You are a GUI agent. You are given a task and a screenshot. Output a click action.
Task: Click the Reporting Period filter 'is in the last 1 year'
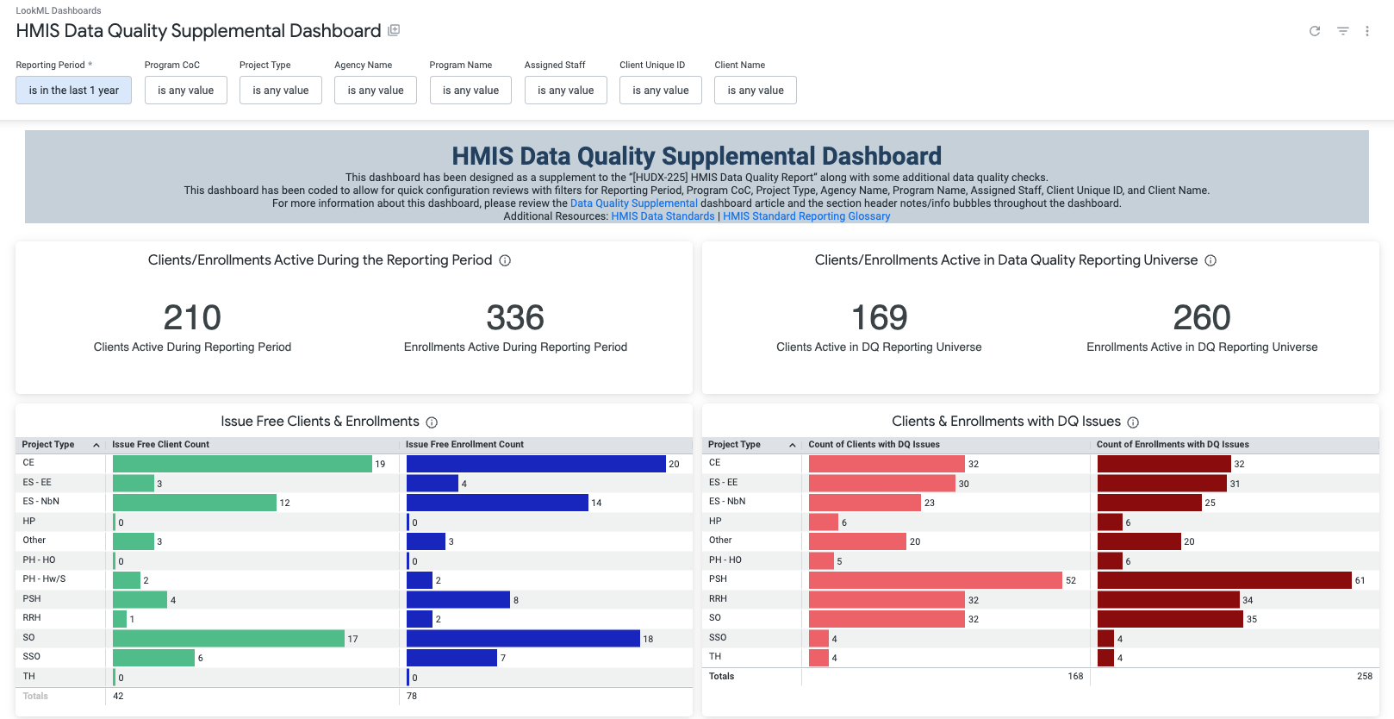click(x=73, y=91)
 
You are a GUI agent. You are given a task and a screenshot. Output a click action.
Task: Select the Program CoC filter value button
click(x=185, y=91)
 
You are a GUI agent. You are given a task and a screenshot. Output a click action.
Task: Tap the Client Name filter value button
click(x=755, y=91)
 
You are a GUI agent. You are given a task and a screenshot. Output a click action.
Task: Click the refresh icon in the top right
click(x=1315, y=31)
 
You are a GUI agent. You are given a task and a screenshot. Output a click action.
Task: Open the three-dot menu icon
click(x=1367, y=31)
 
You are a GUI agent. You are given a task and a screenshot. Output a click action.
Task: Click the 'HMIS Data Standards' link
click(x=663, y=216)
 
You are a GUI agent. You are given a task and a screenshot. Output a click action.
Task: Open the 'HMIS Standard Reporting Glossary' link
click(x=806, y=216)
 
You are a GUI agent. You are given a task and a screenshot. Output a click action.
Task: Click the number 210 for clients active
click(x=192, y=318)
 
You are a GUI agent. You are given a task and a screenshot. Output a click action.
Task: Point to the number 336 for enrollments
click(x=515, y=318)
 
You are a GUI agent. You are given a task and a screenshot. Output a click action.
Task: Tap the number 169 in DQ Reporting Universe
click(x=879, y=318)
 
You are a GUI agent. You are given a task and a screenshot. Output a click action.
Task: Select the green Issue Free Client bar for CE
click(x=242, y=464)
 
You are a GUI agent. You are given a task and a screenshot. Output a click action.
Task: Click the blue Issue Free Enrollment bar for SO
click(x=523, y=638)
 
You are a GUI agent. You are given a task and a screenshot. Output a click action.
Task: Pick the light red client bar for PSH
click(x=935, y=580)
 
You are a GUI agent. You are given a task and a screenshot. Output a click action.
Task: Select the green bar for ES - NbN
click(x=195, y=503)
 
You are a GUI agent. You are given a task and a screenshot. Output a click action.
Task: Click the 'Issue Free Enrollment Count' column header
click(x=464, y=445)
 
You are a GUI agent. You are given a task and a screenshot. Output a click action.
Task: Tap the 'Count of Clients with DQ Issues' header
click(x=874, y=445)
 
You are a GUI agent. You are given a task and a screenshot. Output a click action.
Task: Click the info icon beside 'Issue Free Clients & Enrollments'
click(x=432, y=422)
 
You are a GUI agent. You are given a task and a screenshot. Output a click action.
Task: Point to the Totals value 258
click(x=1364, y=677)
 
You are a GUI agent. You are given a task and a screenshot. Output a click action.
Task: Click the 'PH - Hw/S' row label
click(x=44, y=579)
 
